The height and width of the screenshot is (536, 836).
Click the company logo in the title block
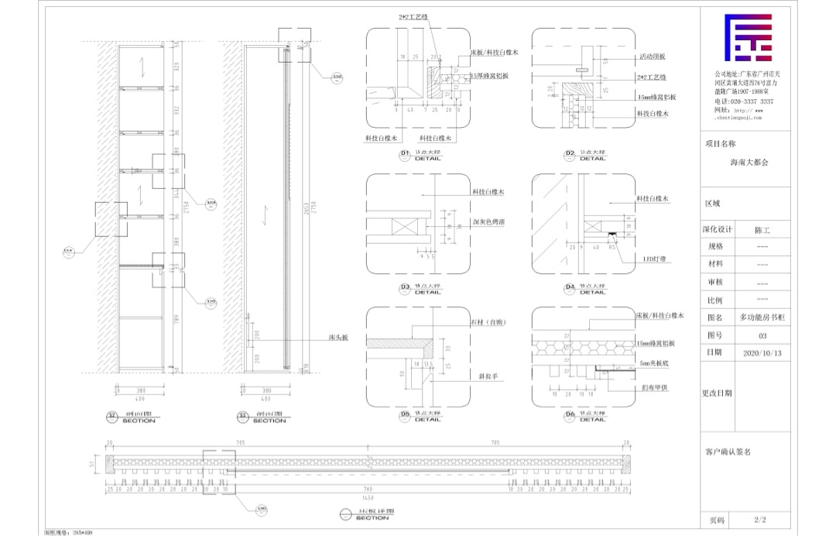(749, 38)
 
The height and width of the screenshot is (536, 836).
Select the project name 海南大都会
(749, 163)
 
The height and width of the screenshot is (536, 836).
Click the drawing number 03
(762, 335)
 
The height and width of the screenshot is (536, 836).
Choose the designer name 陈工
(762, 230)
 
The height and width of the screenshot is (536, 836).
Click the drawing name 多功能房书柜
(762, 318)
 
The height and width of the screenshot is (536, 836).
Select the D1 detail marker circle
(404, 154)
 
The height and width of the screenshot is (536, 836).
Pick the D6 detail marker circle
(570, 414)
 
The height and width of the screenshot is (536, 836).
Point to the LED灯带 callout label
(654, 258)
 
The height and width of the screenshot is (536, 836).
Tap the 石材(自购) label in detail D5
(487, 321)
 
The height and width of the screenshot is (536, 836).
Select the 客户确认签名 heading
(728, 450)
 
